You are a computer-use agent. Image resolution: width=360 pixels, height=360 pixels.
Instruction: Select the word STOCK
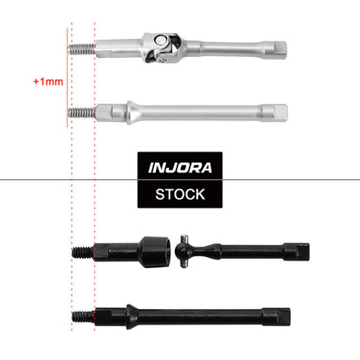click(180, 194)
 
